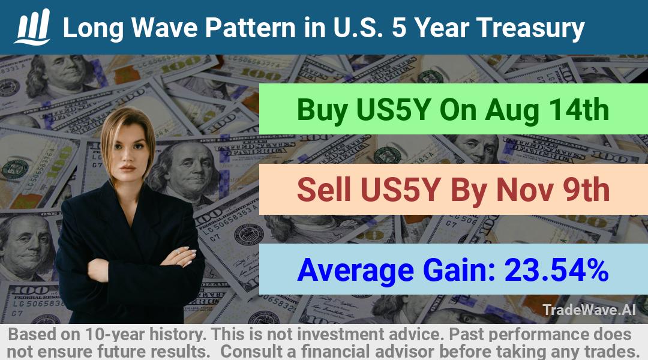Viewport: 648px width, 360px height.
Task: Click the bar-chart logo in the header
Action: click(32, 27)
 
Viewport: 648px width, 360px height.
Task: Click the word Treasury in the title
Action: click(530, 28)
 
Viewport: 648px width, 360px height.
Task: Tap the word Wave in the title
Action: click(165, 28)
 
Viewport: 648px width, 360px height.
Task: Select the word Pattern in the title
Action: click(250, 28)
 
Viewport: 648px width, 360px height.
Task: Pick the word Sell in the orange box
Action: click(323, 190)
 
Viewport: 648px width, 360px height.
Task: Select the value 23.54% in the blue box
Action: click(556, 269)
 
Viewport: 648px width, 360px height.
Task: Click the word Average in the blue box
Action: click(355, 271)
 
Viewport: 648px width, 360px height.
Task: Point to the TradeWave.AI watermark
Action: click(589, 310)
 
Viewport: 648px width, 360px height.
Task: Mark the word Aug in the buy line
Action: click(512, 110)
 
